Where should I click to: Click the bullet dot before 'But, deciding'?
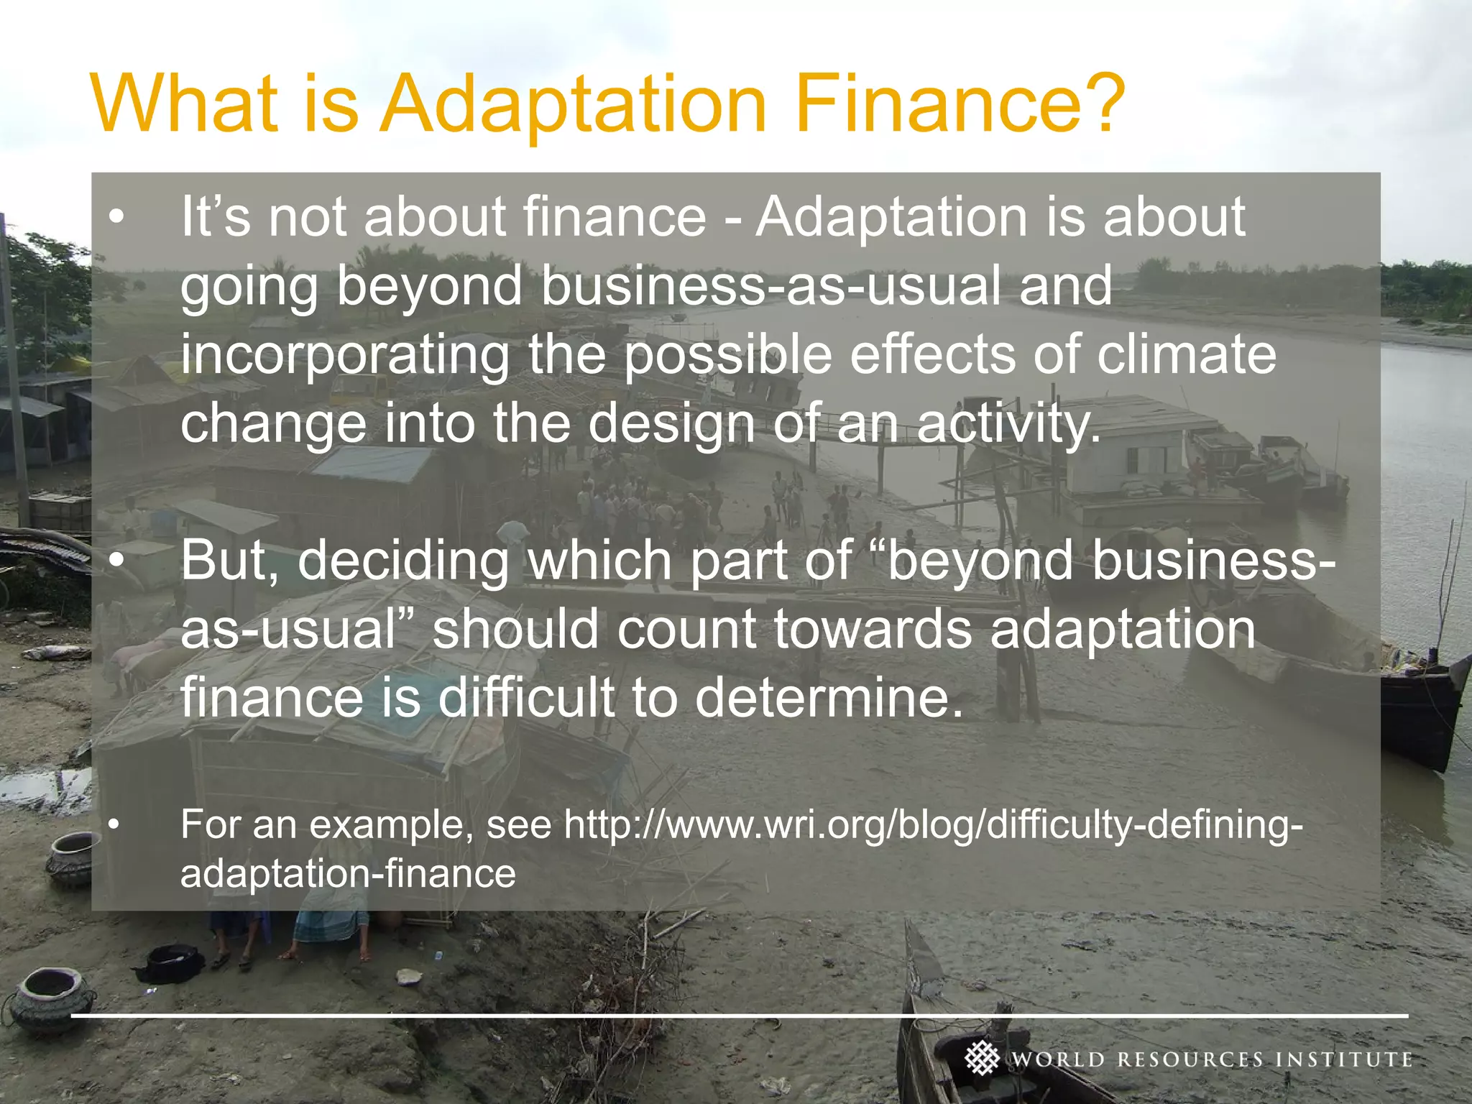[116, 561]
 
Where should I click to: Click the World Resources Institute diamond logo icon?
[982, 1058]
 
